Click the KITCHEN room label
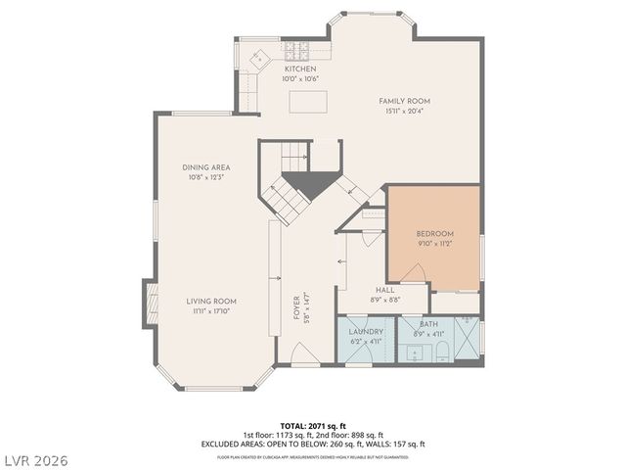300,70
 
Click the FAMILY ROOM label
404,101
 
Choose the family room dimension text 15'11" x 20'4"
404,112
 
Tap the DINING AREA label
204,167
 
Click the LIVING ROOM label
212,301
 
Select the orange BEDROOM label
434,233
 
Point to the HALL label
384,290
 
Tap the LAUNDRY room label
365,332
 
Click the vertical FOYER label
295,311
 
